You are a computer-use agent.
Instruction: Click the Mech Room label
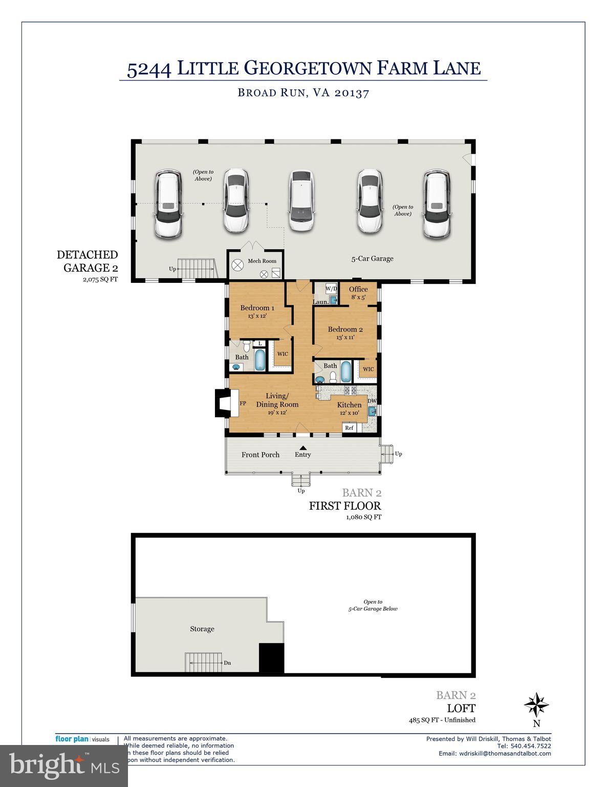pyautogui.click(x=262, y=261)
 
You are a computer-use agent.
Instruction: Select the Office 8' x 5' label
pyautogui.click(x=358, y=293)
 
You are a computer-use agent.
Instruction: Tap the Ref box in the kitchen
pyautogui.click(x=349, y=428)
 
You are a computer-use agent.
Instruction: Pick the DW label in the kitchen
pyautogui.click(x=372, y=401)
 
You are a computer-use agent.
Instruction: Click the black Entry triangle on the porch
pyautogui.click(x=303, y=447)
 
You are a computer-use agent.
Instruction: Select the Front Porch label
pyautogui.click(x=261, y=454)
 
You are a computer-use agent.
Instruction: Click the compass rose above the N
pyautogui.click(x=536, y=705)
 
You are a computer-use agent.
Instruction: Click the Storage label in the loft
pyautogui.click(x=202, y=629)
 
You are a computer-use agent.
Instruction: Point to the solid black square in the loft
pyautogui.click(x=272, y=658)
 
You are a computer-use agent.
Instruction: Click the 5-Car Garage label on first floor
pyautogui.click(x=372, y=259)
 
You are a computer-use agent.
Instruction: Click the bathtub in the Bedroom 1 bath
pyautogui.click(x=259, y=360)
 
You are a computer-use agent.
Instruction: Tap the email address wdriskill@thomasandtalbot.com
pyautogui.click(x=494, y=753)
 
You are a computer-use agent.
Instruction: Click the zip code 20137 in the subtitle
pyautogui.click(x=352, y=93)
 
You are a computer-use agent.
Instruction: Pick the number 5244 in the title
pyautogui.click(x=148, y=69)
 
